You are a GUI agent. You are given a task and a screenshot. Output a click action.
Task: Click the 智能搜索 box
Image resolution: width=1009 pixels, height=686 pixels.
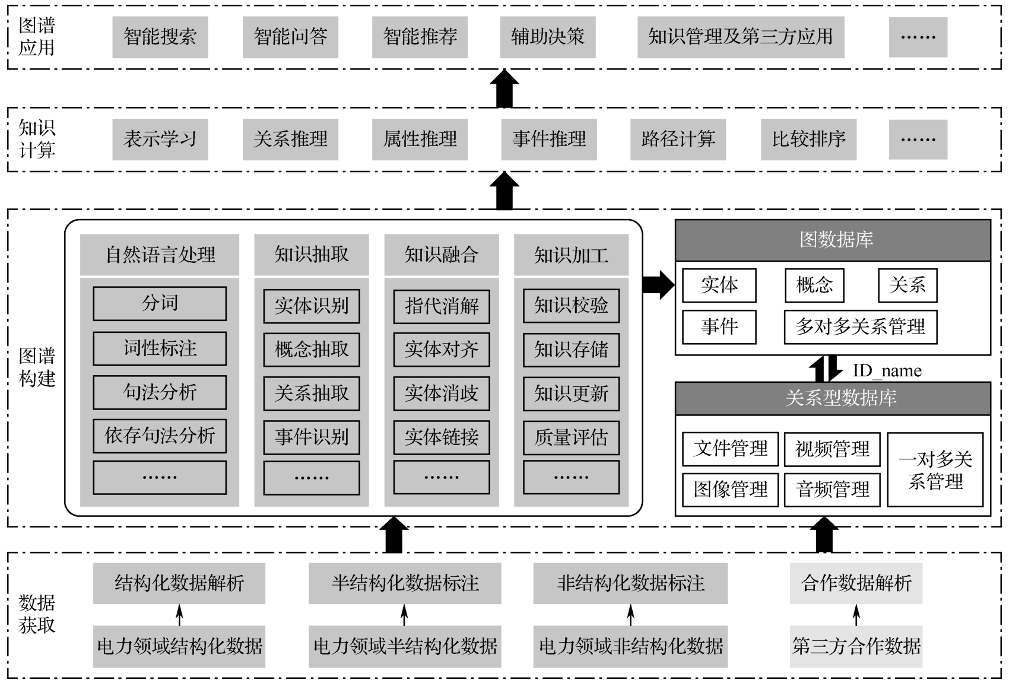160,37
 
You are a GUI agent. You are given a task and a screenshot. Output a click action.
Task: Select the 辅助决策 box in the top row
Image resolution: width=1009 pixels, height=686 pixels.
547,37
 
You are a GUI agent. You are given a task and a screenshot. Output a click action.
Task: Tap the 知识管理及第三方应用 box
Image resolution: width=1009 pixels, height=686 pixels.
740,37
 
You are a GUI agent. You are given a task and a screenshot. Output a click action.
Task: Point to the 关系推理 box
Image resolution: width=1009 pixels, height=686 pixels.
290,139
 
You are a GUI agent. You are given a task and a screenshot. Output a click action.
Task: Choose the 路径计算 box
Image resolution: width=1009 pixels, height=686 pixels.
678,139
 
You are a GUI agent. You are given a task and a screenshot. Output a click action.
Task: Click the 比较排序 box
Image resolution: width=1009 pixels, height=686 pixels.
808,139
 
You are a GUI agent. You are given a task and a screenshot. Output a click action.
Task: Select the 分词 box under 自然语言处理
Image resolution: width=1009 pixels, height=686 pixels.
160,303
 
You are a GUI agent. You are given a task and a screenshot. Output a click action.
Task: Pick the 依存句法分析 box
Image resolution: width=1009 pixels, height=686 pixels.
160,436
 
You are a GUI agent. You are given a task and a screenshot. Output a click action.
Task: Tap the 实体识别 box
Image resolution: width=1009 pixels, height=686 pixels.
312,306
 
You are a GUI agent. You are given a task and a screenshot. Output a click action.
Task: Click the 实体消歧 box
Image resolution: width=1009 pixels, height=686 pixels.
442,393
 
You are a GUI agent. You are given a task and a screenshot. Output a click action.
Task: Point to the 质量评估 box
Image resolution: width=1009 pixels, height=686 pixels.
571,437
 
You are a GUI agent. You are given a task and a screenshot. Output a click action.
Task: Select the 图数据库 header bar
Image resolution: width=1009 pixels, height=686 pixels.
833,240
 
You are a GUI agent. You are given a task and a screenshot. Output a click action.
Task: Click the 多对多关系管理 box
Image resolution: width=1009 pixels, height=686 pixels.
860,327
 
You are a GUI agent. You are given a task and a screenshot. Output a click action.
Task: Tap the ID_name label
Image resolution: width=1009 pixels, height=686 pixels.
887,371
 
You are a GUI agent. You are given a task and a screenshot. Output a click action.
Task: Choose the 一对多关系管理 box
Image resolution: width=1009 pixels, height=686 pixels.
935,469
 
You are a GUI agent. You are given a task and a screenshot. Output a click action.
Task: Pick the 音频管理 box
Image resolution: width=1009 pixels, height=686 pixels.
832,490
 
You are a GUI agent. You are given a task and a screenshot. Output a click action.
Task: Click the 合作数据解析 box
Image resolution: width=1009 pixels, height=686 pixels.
856,583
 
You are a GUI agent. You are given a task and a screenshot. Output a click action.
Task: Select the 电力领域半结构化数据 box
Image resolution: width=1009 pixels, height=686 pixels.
405,646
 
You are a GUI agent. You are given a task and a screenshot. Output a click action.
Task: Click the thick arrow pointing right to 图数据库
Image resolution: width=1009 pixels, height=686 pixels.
658,285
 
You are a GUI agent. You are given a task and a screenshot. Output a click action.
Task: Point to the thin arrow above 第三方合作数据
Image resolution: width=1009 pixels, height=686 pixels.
856,615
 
